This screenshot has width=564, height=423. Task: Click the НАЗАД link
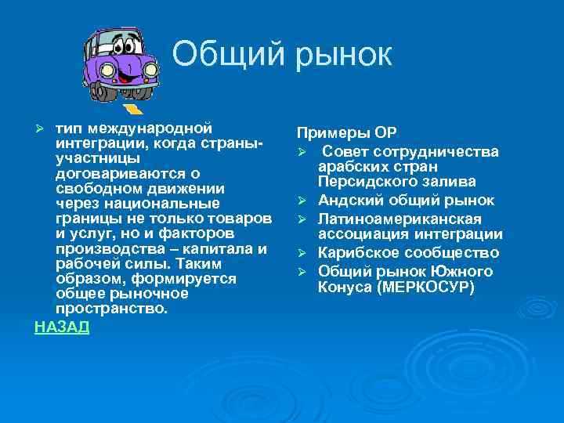[62, 327]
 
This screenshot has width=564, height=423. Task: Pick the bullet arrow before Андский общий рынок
[302, 202]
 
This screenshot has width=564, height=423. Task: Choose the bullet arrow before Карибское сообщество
[302, 254]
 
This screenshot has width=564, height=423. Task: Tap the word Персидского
[363, 183]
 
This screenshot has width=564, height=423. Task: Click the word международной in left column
[148, 128]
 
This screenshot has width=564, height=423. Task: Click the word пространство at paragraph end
[110, 309]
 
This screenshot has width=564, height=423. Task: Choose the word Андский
[348, 201]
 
